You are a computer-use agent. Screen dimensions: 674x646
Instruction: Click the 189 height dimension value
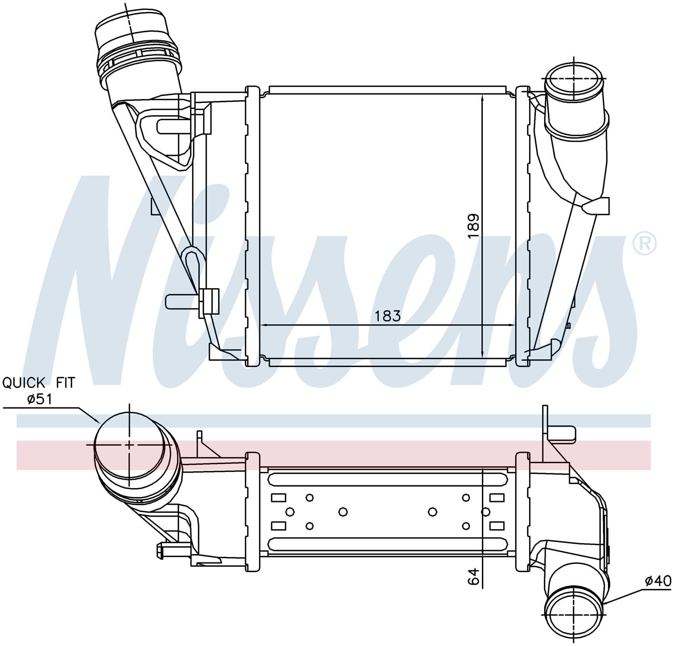click(474, 226)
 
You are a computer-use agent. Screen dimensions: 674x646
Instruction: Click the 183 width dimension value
click(388, 316)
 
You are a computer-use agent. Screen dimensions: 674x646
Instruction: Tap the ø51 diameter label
click(40, 399)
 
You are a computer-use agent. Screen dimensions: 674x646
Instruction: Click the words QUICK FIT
click(38, 383)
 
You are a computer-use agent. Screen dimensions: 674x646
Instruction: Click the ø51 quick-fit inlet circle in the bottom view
click(129, 445)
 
